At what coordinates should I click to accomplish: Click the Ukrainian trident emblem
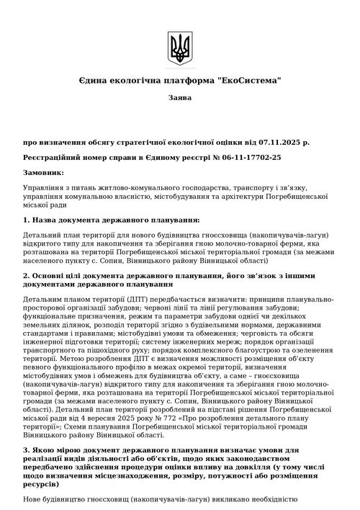click(x=179, y=48)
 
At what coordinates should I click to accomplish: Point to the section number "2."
click(x=27, y=274)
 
